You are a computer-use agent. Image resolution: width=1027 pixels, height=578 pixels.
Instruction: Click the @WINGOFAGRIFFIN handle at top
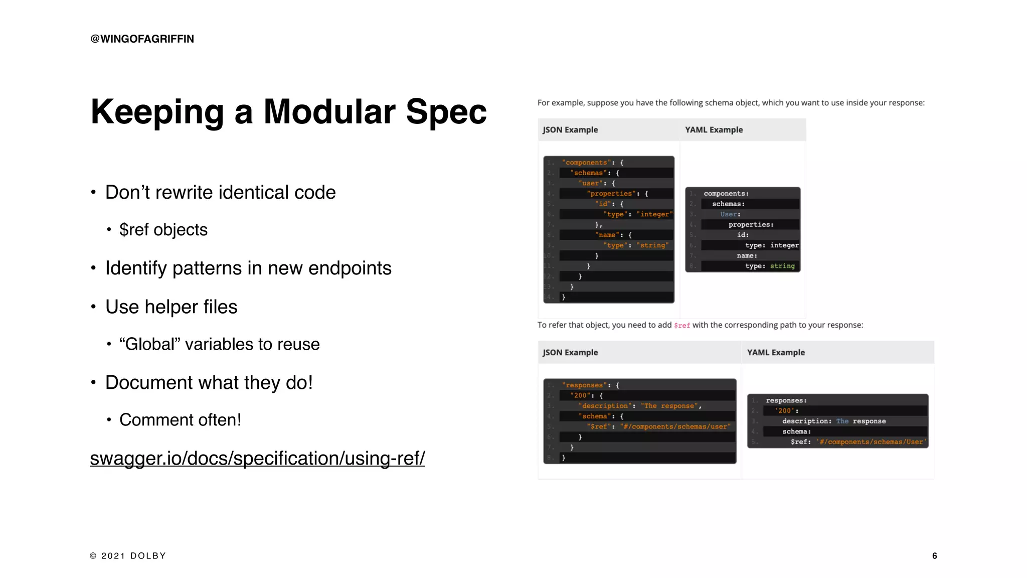point(142,39)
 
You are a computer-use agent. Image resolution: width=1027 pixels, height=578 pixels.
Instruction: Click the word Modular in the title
point(329,111)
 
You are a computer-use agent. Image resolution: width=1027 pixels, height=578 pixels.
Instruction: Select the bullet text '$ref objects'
point(163,230)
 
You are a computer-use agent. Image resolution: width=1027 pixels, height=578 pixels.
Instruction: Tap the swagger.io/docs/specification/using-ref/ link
point(257,458)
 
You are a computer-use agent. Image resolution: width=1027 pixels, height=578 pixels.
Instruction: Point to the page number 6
point(934,555)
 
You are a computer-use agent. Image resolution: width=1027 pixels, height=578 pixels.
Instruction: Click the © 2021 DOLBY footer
point(128,555)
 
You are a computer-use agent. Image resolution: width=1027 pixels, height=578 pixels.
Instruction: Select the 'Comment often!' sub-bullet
point(180,420)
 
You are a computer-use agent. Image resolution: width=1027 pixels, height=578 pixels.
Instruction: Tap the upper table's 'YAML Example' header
point(714,130)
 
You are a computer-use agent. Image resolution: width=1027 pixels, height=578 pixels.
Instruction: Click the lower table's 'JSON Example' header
point(570,353)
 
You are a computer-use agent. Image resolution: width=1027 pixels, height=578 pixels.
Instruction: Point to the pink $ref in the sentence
point(681,326)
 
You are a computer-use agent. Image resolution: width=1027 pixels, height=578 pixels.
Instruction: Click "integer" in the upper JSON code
point(654,214)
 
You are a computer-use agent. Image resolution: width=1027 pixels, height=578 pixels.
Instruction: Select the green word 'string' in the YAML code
point(782,266)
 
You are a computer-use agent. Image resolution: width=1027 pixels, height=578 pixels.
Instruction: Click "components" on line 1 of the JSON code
point(586,163)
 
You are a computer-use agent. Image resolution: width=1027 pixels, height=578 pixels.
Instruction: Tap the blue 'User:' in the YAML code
point(730,214)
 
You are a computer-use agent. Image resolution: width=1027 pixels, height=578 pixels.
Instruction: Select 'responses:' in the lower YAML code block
point(786,400)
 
